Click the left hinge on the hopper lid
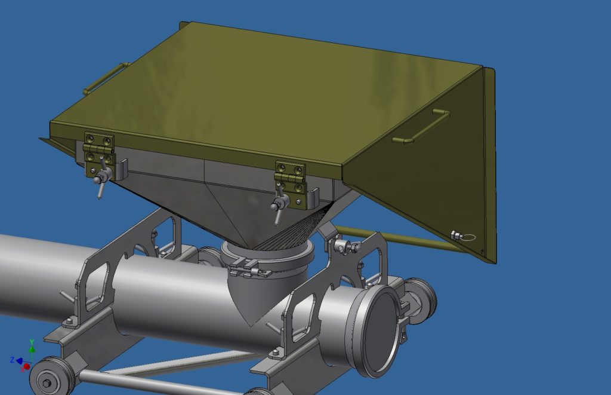click(x=98, y=148)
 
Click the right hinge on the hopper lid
click(x=290, y=177)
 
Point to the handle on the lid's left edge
click(x=106, y=78)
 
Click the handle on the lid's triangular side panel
click(x=421, y=127)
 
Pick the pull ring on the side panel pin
click(x=469, y=237)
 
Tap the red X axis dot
click(x=26, y=366)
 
